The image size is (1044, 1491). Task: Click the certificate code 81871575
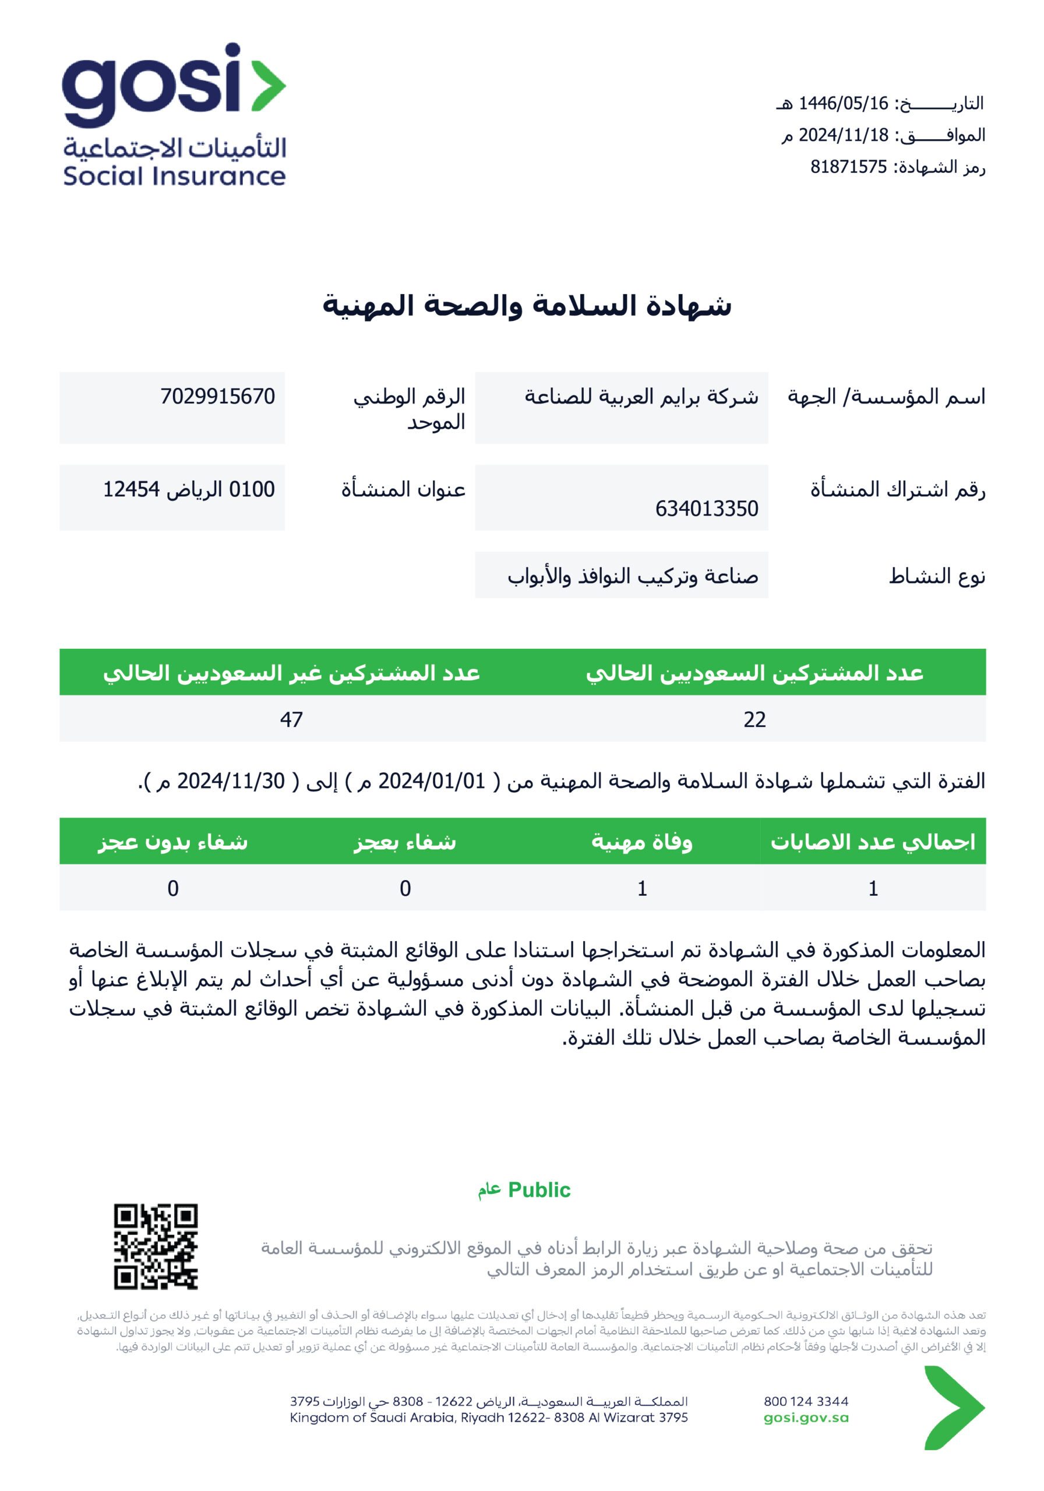coord(848,167)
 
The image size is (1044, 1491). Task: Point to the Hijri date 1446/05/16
coord(842,103)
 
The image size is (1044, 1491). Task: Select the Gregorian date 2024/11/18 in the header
coord(842,135)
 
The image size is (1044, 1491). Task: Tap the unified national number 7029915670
coord(218,396)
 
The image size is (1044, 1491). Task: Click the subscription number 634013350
coord(706,508)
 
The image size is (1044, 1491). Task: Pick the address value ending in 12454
coord(188,489)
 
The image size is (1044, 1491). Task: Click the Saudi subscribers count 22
coord(754,719)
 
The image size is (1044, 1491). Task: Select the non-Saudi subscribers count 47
coord(291,719)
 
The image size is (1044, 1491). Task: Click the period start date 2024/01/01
coord(431,780)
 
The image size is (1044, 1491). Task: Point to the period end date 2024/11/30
coord(231,780)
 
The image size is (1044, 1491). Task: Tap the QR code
coord(156,1246)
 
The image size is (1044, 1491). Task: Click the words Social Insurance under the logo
coord(174,176)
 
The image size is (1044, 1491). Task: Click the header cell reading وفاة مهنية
coord(641,842)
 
